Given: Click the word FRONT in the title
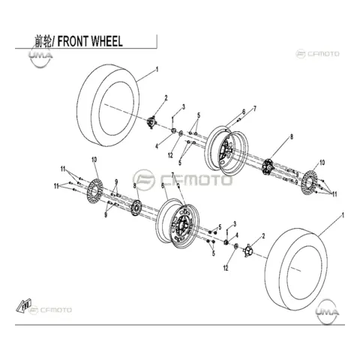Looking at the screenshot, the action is [72, 41].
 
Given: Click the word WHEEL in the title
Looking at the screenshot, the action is [106, 41].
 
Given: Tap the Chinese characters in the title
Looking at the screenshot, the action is [43, 41].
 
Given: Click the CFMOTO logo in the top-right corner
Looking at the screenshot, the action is [317, 54].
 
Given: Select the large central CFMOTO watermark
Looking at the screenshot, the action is [183, 179].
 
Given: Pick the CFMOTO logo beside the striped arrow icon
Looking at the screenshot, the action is [50, 310].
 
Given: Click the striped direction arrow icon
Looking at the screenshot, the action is [23, 305].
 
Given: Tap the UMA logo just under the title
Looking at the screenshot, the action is [40, 56].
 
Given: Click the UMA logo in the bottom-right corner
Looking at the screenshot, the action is [327, 311].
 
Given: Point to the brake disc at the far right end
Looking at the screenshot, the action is [310, 181].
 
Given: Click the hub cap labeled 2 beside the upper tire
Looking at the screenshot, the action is [151, 122].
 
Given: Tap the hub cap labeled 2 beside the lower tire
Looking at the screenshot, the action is [247, 250].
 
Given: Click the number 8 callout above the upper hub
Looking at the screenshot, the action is [292, 136].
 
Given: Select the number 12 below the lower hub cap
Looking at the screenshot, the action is [226, 268].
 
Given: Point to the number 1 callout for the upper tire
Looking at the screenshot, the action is [157, 69].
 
